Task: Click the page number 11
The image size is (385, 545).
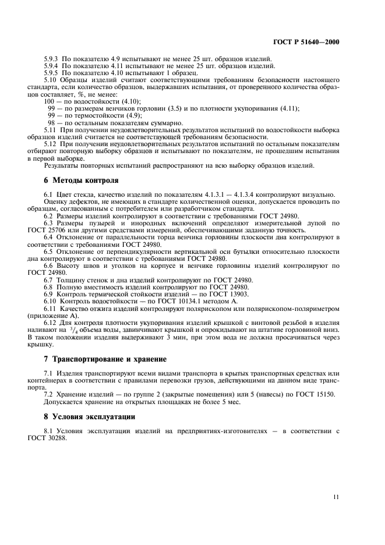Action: (x=337, y=497)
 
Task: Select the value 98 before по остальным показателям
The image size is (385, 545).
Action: (x=52, y=123)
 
